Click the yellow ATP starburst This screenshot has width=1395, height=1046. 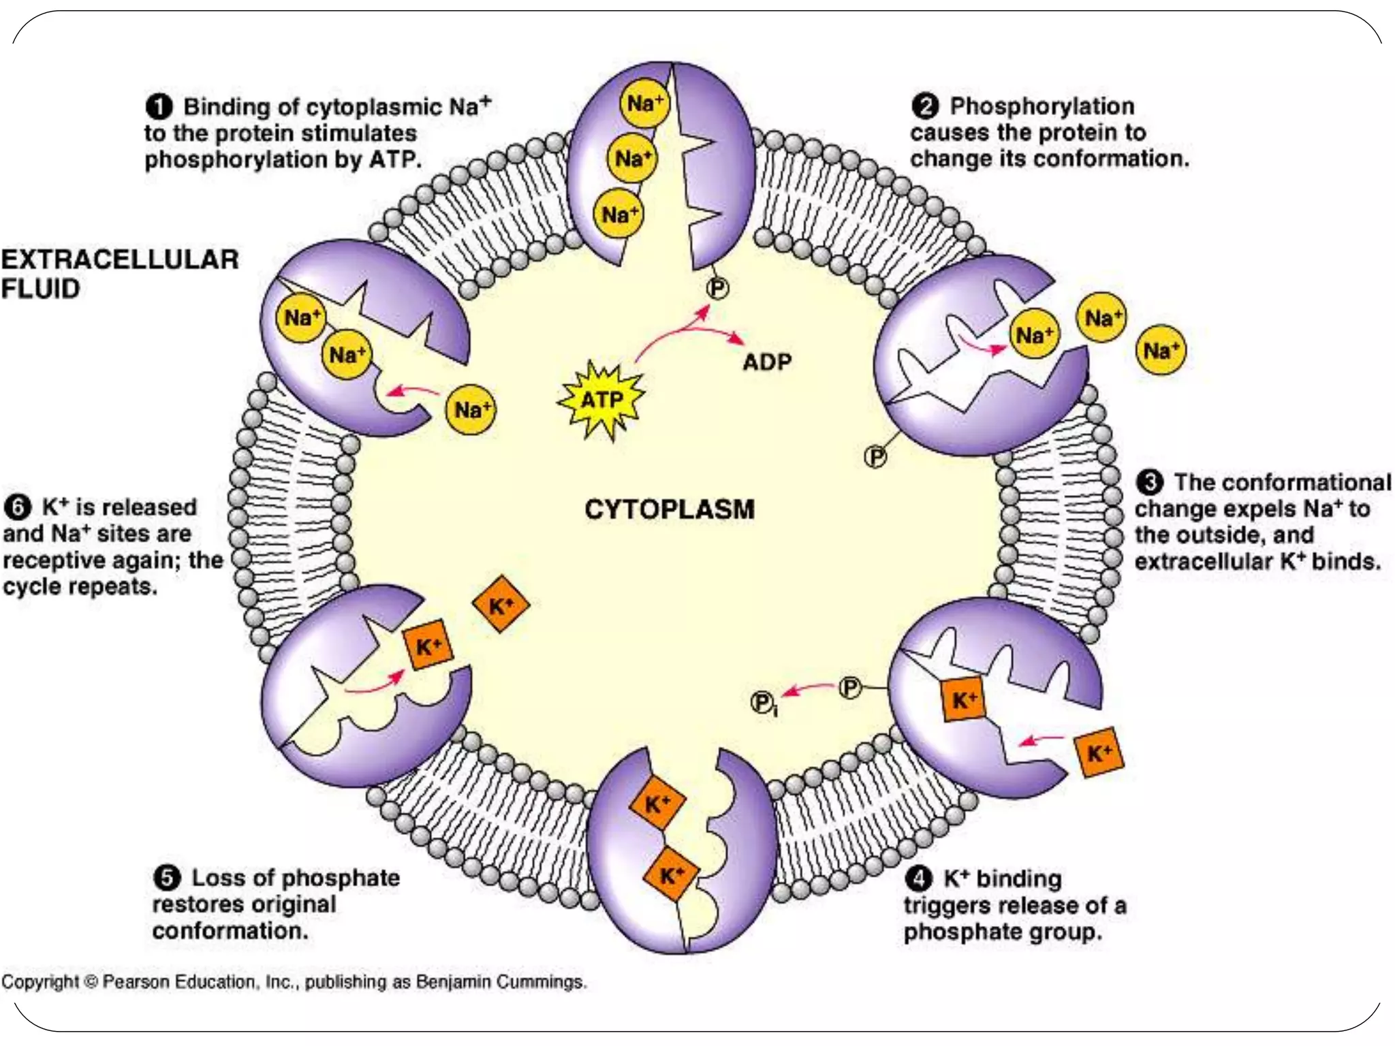point(601,400)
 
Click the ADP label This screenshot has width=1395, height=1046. point(767,362)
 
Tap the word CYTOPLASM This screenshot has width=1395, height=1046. point(669,509)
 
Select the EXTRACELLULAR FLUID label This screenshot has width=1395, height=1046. point(119,274)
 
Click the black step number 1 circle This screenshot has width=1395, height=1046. point(158,107)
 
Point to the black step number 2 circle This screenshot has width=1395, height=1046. point(925,106)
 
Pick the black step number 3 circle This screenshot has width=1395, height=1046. point(1149,482)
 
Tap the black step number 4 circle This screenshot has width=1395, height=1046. point(918,878)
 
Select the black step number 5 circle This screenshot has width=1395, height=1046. point(167,877)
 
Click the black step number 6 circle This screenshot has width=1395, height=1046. point(18,507)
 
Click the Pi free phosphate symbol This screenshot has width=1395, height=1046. point(763,703)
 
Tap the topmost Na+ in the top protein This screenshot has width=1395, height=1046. point(644,104)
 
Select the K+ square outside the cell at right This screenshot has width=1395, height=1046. point(1098,752)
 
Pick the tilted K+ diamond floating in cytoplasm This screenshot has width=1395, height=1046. point(501,604)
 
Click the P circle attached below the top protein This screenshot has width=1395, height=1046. point(717,289)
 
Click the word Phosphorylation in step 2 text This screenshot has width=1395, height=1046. point(1041,106)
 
